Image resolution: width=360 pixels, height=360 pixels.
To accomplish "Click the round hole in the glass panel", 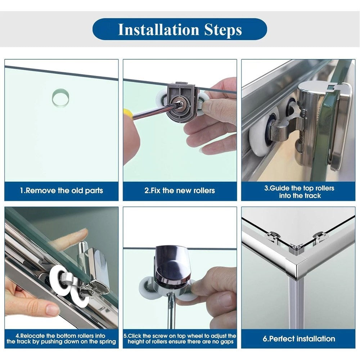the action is tap(60, 98).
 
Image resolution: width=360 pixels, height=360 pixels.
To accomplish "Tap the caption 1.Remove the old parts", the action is tap(61, 190).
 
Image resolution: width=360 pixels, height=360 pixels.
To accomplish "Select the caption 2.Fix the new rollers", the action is tap(180, 190).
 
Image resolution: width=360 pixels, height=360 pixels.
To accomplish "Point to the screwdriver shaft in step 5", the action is tap(171, 311).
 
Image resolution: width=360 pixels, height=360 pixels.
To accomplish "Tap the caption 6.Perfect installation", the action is tap(299, 339).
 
